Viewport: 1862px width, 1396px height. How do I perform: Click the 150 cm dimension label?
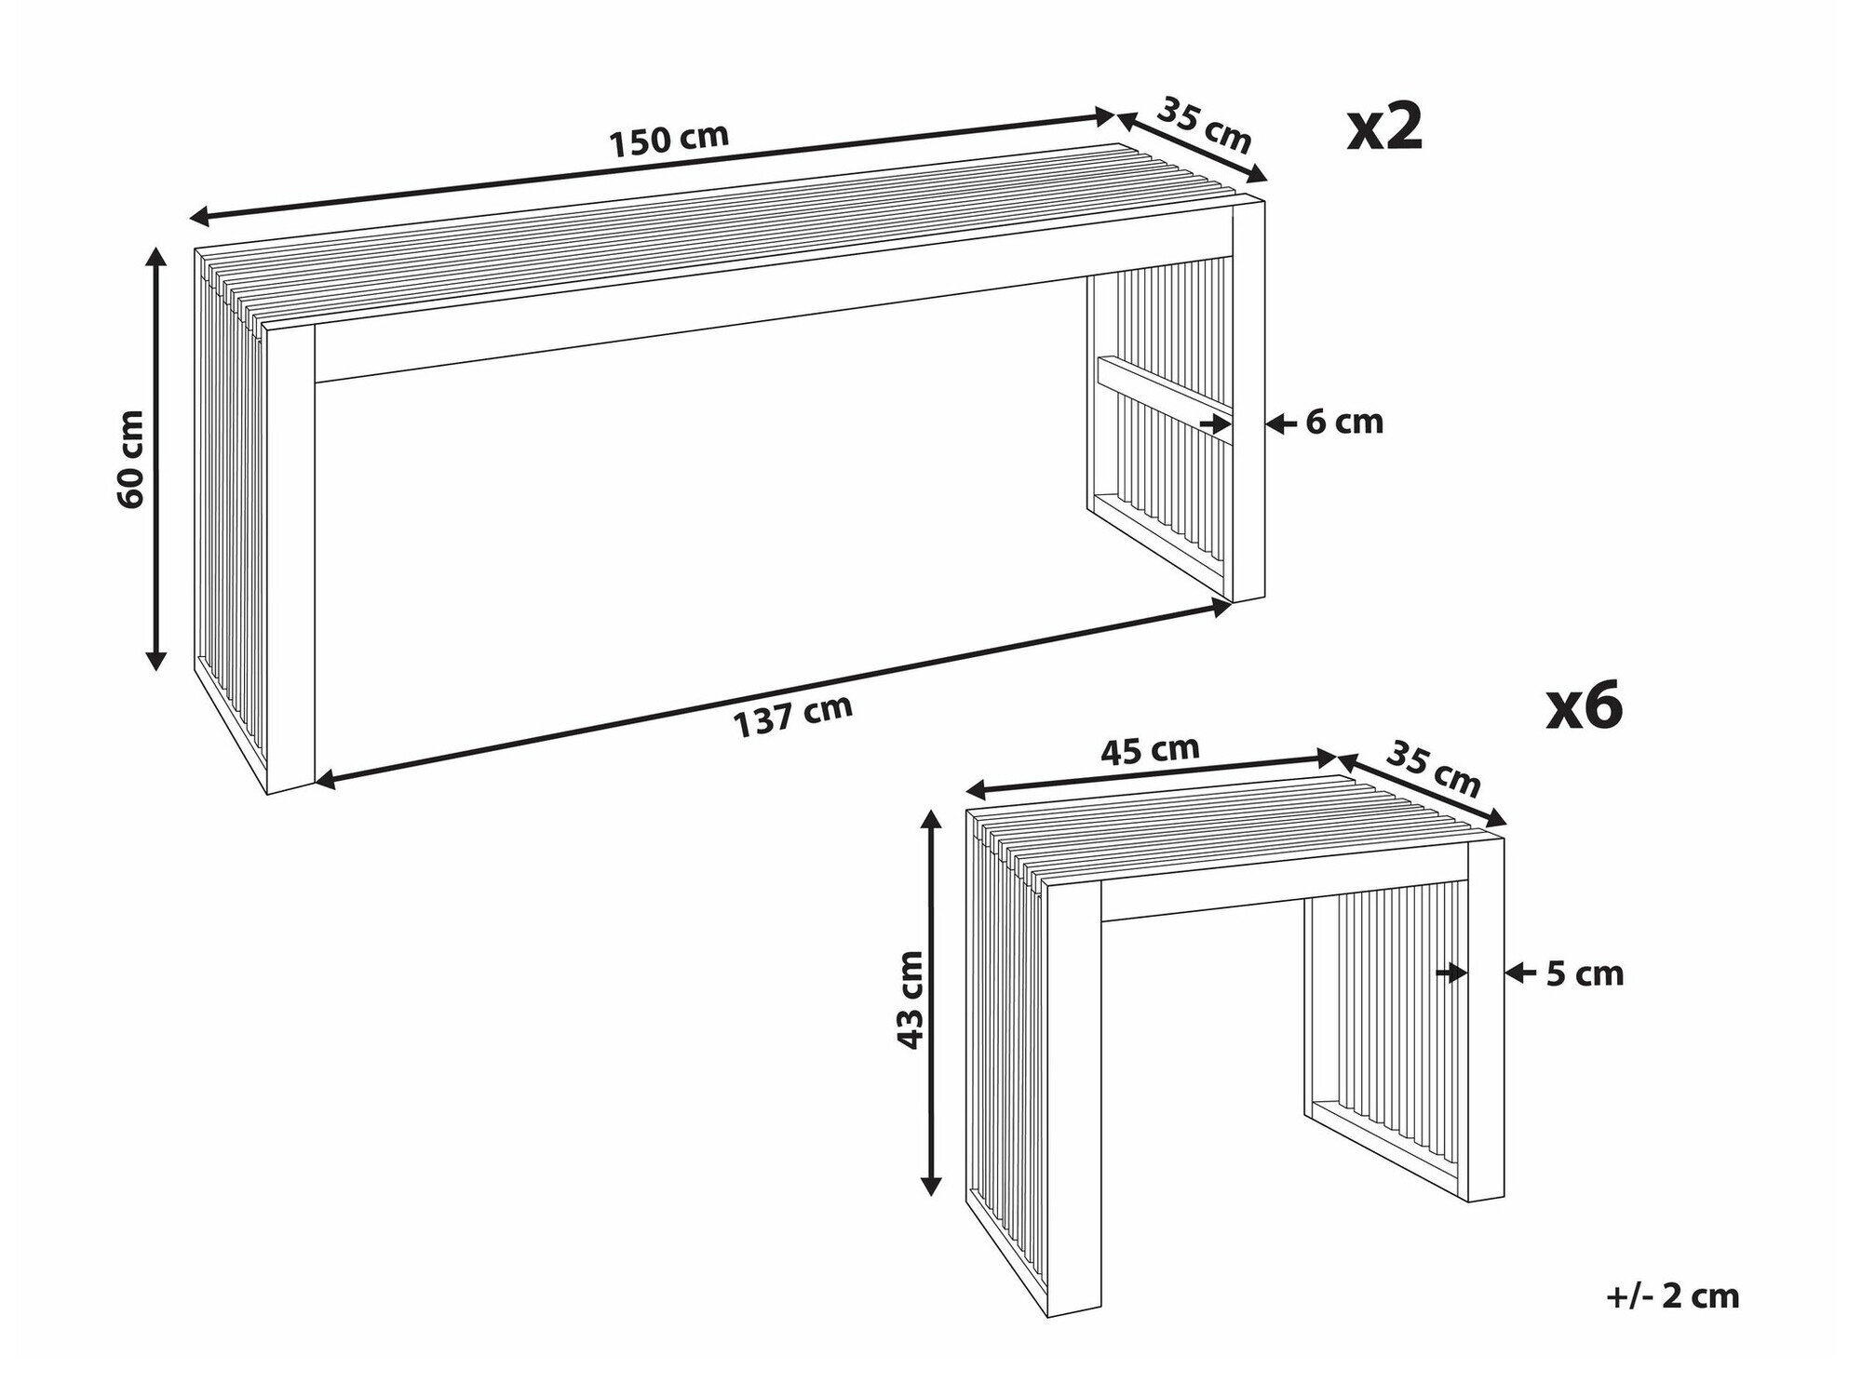668,140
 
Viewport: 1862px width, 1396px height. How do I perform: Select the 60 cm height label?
131,458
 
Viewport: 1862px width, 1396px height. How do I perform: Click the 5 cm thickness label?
1585,973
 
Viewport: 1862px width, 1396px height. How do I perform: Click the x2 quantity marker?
1385,129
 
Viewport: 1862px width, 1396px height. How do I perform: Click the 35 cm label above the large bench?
1204,124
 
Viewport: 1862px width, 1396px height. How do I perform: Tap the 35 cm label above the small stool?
1433,768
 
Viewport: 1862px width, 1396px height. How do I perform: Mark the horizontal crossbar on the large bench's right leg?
1164,385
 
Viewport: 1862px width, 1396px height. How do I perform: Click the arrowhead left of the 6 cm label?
1275,423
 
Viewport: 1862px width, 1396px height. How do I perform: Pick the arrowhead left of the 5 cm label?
1515,973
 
